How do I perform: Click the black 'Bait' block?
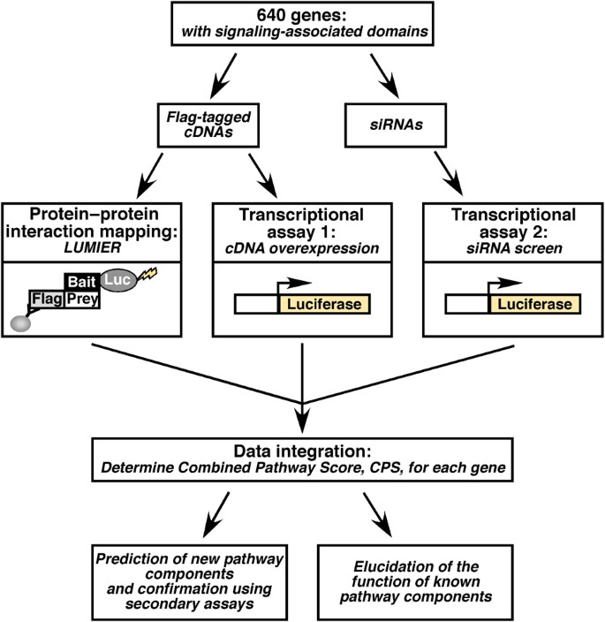(x=85, y=280)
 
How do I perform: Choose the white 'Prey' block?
(x=83, y=299)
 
